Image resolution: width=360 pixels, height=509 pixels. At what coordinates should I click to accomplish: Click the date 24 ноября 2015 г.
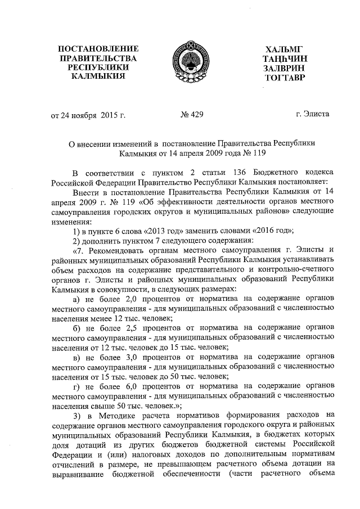coord(93,116)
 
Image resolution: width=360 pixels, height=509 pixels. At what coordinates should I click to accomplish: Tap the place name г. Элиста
coord(313,115)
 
